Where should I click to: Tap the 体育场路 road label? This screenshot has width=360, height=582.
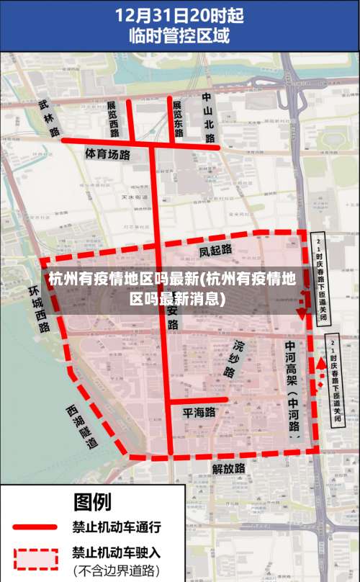tap(107, 154)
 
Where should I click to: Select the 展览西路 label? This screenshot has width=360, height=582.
tap(113, 119)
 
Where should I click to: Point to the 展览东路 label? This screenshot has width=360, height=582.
tap(178, 117)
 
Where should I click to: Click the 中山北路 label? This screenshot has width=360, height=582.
tap(208, 110)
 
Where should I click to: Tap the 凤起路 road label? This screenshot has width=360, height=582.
tap(215, 250)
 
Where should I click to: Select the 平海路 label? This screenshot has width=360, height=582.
tap(199, 413)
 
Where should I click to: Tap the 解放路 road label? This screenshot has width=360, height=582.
tap(228, 468)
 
